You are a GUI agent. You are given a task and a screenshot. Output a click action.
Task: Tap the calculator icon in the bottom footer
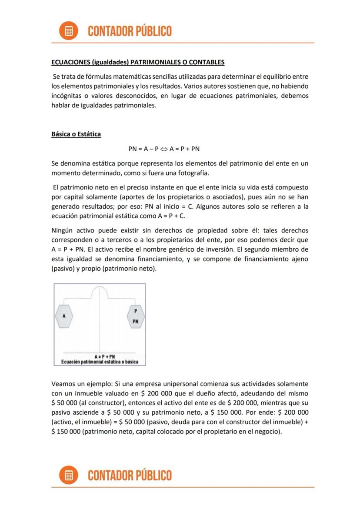(68, 475)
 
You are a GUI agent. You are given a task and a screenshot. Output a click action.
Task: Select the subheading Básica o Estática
(76, 134)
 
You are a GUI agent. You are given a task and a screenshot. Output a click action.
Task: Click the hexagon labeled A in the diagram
(64, 316)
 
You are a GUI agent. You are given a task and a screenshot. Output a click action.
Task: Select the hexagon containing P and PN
(136, 316)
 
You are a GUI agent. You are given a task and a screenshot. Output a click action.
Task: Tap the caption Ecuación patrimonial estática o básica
(100, 362)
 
